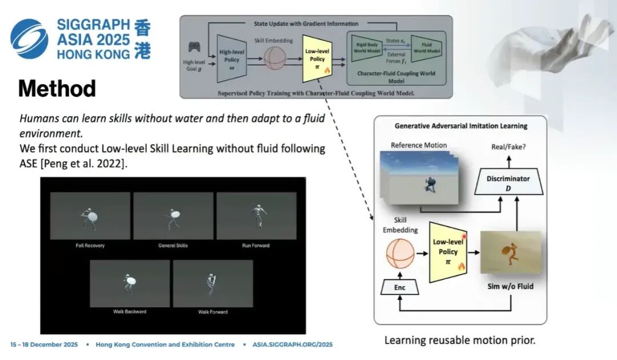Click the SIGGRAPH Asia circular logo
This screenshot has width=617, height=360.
pyautogui.click(x=29, y=38)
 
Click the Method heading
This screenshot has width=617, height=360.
pyautogui.click(x=57, y=89)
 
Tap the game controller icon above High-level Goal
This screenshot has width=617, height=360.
pyautogui.click(x=194, y=48)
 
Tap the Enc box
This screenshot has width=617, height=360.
pyautogui.click(x=400, y=287)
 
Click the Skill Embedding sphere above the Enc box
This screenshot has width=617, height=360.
pyautogui.click(x=400, y=254)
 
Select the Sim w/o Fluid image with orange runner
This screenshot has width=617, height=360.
pyautogui.click(x=510, y=253)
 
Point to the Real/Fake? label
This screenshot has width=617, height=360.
pyautogui.click(x=509, y=147)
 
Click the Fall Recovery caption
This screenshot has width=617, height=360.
pyautogui.click(x=90, y=246)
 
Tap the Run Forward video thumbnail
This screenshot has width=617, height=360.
pyautogui.click(x=256, y=215)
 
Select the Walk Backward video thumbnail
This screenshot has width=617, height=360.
pyautogui.click(x=130, y=283)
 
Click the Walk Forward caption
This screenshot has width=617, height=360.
pyautogui.click(x=213, y=312)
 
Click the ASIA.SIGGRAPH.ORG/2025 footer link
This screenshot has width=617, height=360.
pyautogui.click(x=291, y=345)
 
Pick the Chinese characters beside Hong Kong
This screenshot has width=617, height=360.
pyautogui.click(x=143, y=39)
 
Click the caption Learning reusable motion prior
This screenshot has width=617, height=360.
pyautogui.click(x=460, y=341)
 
